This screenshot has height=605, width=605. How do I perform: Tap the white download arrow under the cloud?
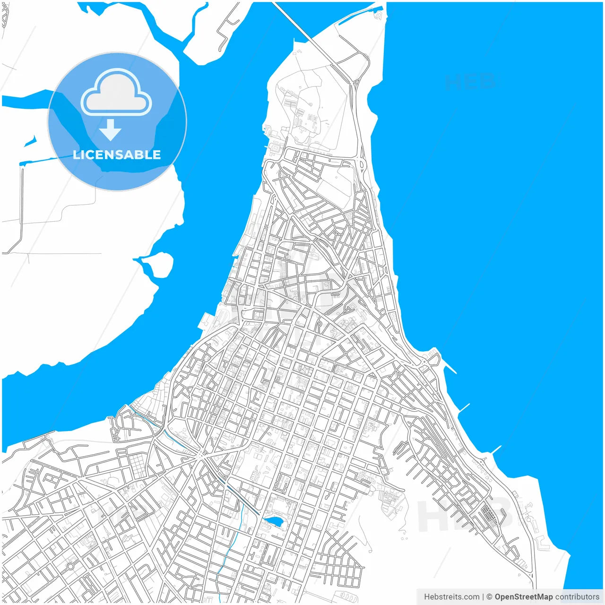pyautogui.click(x=111, y=130)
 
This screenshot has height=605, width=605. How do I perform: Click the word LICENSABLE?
pyautogui.click(x=117, y=155)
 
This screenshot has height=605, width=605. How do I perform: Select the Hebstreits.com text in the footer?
pyautogui.click(x=451, y=597)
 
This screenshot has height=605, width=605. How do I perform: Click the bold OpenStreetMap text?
pyautogui.click(x=524, y=597)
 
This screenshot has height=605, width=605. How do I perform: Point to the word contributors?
pyautogui.click(x=577, y=597)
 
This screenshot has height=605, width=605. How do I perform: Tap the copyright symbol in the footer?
pyautogui.click(x=490, y=597)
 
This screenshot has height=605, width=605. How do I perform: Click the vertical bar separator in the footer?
pyautogui.click(x=483, y=597)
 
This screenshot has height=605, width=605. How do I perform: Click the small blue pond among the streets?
pyautogui.click(x=273, y=521)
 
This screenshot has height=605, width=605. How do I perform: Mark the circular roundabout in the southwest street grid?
pyautogui.click(x=70, y=566)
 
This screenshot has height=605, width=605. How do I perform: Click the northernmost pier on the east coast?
pyautogui.click(x=449, y=368)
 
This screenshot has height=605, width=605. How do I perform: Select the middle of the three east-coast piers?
pyautogui.click(x=464, y=408)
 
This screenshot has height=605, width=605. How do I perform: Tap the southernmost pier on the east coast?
pyautogui.click(x=496, y=449)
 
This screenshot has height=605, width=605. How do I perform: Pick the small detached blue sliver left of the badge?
pyautogui.click(x=30, y=141)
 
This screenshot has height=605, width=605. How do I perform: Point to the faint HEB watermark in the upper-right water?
pyautogui.click(x=469, y=82)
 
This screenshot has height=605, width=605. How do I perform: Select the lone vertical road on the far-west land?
pyautogui.click(x=22, y=203)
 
